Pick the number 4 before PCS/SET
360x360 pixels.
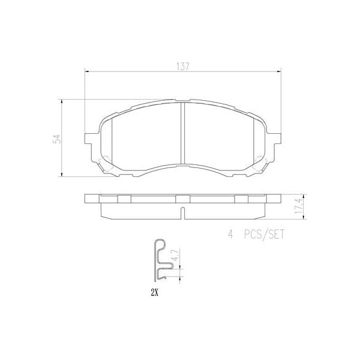coord(230,235)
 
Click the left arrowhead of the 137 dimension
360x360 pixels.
coord(86,72)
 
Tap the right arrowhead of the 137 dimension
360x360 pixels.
coord(282,72)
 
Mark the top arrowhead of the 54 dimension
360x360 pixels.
coord(62,101)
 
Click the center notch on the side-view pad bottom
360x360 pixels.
coord(183,213)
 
